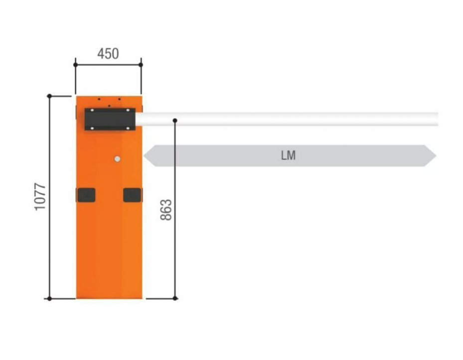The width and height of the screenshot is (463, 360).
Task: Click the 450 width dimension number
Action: click(x=108, y=54)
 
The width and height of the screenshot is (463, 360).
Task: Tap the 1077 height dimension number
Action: click(x=40, y=197)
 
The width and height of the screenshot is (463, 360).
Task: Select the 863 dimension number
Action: click(x=166, y=210)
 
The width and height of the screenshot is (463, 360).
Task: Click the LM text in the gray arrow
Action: click(x=288, y=155)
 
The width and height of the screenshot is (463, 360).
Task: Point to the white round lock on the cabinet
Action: click(x=117, y=159)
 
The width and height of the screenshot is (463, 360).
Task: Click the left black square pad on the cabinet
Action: click(x=86, y=195)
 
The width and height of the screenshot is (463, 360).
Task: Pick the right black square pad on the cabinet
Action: click(x=132, y=195)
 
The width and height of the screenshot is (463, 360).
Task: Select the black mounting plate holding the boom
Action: click(x=110, y=119)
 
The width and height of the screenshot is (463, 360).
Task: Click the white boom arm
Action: click(x=287, y=119)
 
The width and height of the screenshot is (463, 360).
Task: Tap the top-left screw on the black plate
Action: click(x=92, y=111)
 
